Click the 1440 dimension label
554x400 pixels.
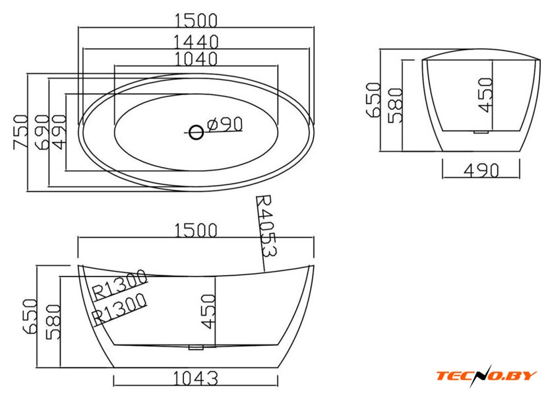196,42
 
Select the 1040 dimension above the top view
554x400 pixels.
196,59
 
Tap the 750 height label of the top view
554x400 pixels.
20,131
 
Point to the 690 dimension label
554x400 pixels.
42,131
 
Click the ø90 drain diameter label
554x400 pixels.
226,124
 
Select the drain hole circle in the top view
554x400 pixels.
196,133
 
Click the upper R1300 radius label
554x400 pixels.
119,284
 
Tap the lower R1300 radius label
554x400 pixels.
119,308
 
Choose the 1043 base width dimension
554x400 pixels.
195,379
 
